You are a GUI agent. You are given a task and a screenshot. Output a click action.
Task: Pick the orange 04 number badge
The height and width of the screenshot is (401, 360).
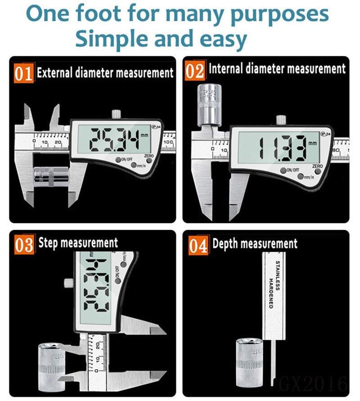tap(198, 245)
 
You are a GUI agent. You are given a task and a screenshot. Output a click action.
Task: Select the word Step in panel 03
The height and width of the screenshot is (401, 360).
tap(48, 243)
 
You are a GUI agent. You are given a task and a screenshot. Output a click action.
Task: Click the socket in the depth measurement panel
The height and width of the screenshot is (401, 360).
tap(250, 360)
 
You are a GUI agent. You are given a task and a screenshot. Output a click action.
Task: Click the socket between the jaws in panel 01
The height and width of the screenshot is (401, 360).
tap(52, 174)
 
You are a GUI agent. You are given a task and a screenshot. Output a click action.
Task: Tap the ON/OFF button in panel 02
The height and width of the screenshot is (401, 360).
tap(288, 170)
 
